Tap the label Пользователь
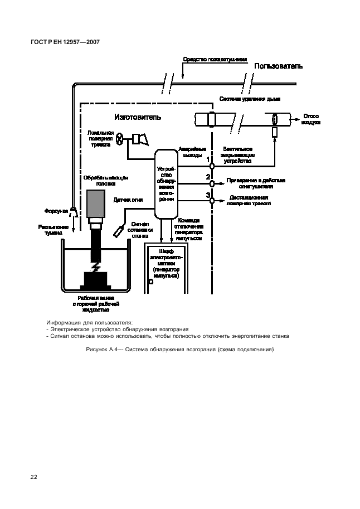point(279,66)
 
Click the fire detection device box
point(166,183)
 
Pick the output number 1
point(208,159)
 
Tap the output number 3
point(208,195)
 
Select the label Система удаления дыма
point(249,99)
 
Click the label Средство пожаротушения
point(215,59)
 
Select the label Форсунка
point(56,211)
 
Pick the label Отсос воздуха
point(311,119)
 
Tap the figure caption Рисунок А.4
point(180,350)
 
